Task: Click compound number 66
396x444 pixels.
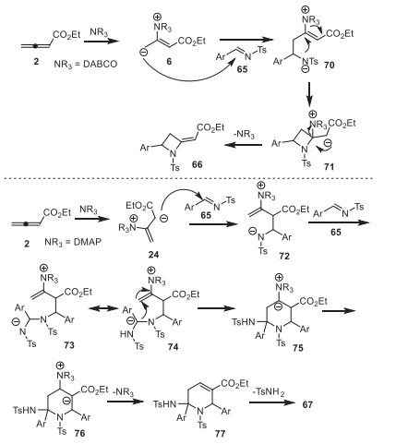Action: click(x=197, y=164)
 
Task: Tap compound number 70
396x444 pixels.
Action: click(x=329, y=65)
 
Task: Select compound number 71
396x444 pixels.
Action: click(x=329, y=166)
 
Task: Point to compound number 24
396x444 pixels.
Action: click(x=153, y=255)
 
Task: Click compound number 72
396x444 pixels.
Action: click(x=284, y=256)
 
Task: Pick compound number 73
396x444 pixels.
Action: click(x=69, y=345)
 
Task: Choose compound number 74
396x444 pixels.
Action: click(x=173, y=347)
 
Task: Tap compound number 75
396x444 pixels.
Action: click(x=298, y=348)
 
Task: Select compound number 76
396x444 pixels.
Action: click(x=79, y=433)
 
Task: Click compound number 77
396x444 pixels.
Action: click(x=220, y=434)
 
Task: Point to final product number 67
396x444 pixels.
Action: click(x=307, y=404)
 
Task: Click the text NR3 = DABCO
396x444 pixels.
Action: click(x=86, y=64)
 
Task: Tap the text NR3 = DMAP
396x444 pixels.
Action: click(x=73, y=242)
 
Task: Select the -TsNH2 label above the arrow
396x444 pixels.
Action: click(x=268, y=392)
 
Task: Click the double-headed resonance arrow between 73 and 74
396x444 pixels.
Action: click(x=103, y=308)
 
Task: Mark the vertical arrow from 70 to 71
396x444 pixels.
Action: click(x=309, y=92)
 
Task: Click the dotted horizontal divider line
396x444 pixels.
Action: click(x=187, y=178)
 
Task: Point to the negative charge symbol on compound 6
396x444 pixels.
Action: click(x=143, y=53)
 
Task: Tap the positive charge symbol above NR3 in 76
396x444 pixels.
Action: click(x=61, y=366)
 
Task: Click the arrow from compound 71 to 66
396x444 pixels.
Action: click(x=244, y=145)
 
